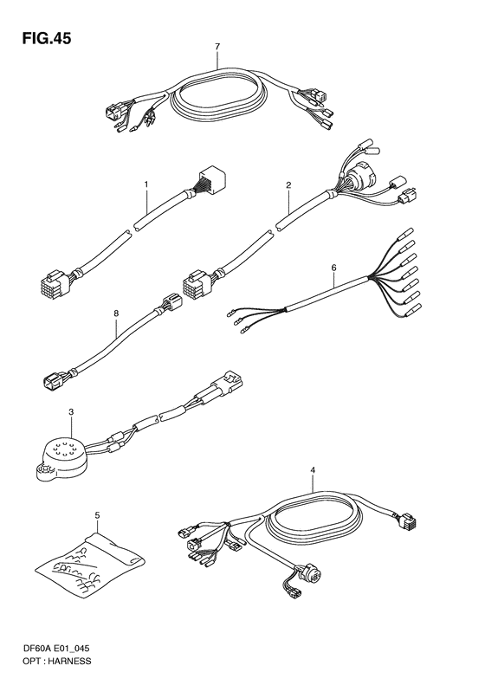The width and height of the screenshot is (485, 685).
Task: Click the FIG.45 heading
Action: [x=46, y=39]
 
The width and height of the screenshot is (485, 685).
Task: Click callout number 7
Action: [x=217, y=46]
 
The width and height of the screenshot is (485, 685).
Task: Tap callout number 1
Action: [x=146, y=184]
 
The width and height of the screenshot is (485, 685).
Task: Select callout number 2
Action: [x=288, y=185]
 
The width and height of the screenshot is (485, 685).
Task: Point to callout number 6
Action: [x=333, y=268]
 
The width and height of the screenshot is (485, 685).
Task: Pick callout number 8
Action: [x=116, y=313]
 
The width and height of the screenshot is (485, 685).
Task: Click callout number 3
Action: [x=71, y=412]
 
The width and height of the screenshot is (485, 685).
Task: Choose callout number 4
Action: [x=313, y=470]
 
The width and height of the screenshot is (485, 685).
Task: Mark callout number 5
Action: [x=97, y=515]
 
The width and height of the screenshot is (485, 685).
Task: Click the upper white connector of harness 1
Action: [x=213, y=179]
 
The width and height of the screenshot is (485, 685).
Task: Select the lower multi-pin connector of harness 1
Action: [x=54, y=283]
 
